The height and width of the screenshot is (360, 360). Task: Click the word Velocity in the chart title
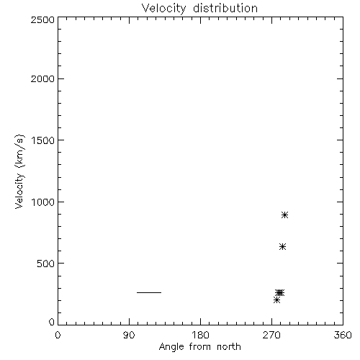click(164, 9)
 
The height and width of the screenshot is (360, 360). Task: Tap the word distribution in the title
click(225, 8)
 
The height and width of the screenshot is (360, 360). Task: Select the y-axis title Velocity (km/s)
click(19, 171)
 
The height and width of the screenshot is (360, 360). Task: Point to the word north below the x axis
click(229, 347)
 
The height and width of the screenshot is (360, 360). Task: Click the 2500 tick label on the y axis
click(42, 19)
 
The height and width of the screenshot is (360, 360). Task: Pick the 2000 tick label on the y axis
click(42, 78)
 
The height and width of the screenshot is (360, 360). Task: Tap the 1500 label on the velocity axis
click(43, 140)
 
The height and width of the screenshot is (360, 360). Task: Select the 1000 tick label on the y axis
click(43, 202)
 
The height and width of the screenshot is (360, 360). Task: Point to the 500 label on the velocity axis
click(46, 264)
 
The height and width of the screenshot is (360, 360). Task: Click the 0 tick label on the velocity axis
click(52, 322)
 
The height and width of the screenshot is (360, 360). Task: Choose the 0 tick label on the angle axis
click(58, 335)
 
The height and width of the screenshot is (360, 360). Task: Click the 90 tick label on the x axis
click(129, 335)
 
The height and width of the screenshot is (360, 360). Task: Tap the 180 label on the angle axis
click(200, 335)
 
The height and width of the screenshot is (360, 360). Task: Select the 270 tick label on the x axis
click(271, 335)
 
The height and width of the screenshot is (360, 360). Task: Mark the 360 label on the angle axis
click(343, 335)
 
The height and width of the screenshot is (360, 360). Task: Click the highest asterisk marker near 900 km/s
click(284, 215)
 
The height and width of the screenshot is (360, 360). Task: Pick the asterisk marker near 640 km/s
click(282, 247)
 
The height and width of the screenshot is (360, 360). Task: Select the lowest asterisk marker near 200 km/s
click(276, 300)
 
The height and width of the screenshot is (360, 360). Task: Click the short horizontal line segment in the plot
click(149, 292)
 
